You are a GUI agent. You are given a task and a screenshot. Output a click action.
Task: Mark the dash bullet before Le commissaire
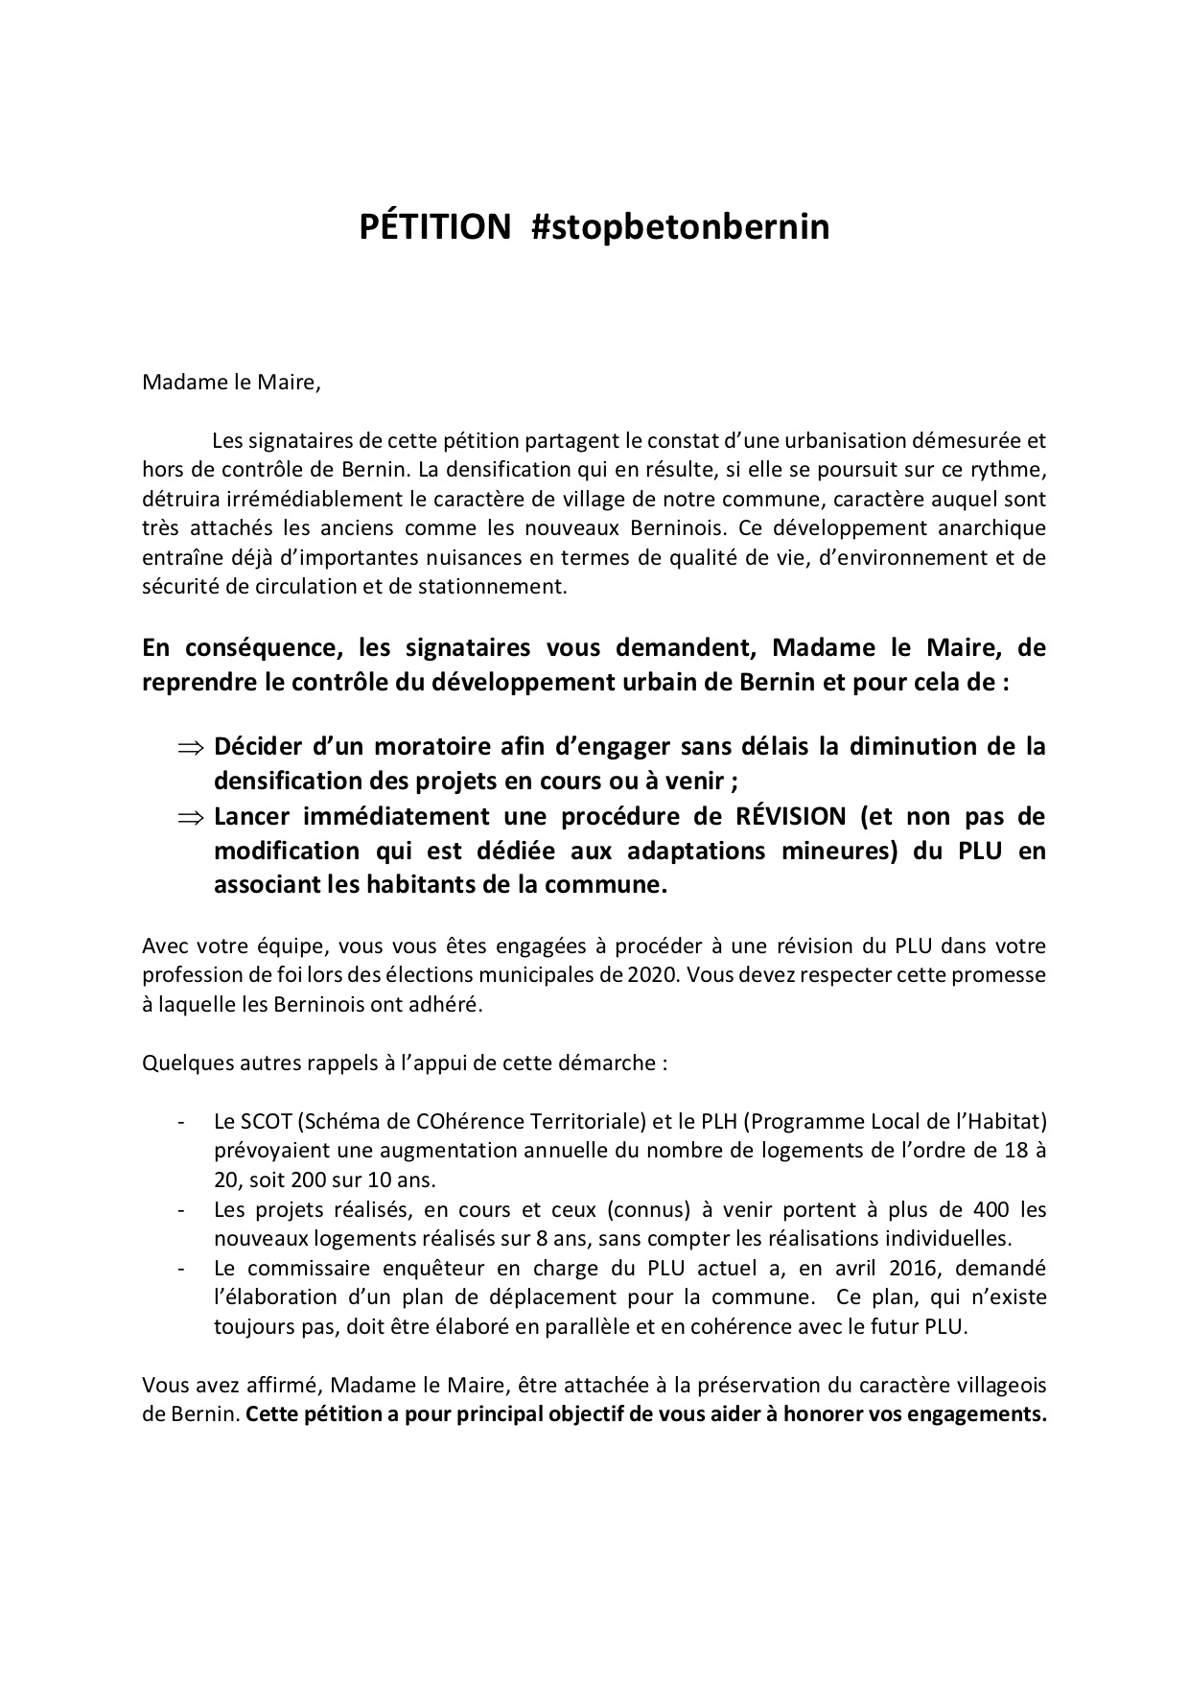click(180, 1268)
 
